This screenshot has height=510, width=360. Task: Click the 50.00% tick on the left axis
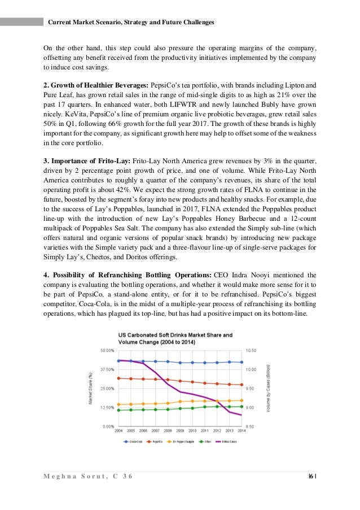click(x=107, y=350)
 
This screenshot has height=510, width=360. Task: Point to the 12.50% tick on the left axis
click(x=107, y=408)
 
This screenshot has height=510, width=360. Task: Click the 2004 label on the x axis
click(x=118, y=432)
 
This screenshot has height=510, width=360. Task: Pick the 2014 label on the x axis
click(x=242, y=432)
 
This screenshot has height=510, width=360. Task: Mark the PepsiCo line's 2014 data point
click(x=242, y=385)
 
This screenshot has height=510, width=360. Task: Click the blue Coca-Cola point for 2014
click(x=242, y=362)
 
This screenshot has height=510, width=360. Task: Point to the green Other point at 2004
click(x=118, y=410)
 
